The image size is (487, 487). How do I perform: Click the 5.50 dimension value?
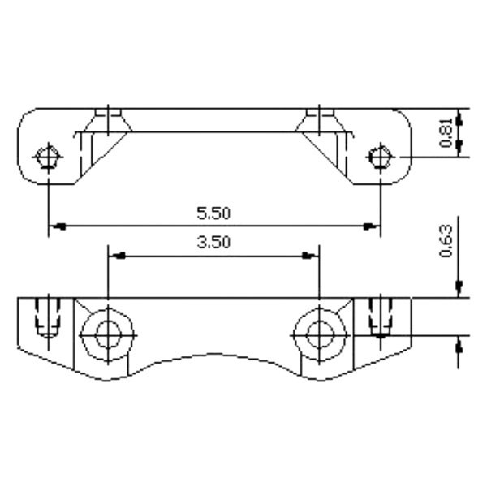pyautogui.click(x=214, y=213)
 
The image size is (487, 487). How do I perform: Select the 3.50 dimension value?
pyautogui.click(x=214, y=241)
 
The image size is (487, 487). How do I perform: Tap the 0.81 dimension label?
pyautogui.click(x=446, y=132)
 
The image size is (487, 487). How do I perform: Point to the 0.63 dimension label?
pyautogui.click(x=446, y=241)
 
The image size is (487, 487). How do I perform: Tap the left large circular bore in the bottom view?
pyautogui.click(x=107, y=333)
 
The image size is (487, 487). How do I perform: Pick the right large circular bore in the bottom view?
pyautogui.click(x=320, y=333)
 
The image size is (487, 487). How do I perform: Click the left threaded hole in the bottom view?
pyautogui.click(x=49, y=318)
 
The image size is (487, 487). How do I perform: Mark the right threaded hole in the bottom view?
pyautogui.click(x=380, y=318)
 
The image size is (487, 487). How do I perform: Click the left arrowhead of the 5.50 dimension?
pyautogui.click(x=55, y=225)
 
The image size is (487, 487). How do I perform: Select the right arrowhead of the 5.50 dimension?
pyautogui.click(x=373, y=225)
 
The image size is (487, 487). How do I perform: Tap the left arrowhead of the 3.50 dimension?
pyautogui.click(x=116, y=255)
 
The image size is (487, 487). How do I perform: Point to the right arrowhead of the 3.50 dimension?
pyautogui.click(x=311, y=255)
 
